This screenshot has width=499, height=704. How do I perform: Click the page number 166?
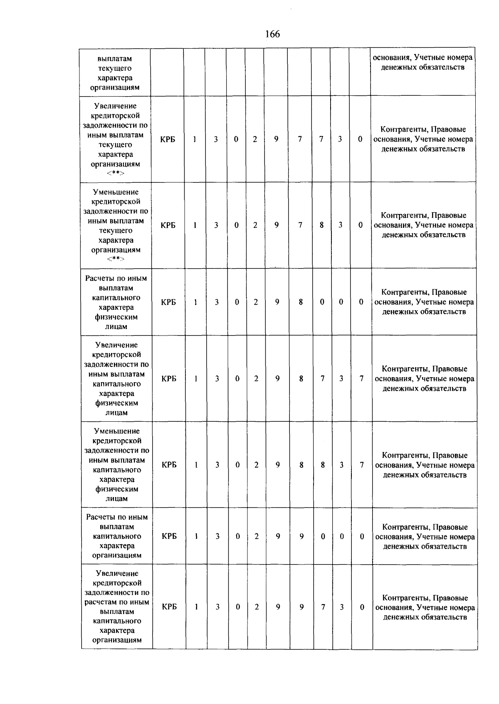point(272,34)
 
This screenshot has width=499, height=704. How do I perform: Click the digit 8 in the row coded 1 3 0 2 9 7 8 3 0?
point(321,225)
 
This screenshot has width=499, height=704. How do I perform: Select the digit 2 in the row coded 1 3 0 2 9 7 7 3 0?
point(255,139)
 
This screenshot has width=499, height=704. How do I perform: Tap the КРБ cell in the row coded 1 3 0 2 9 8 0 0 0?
point(168,302)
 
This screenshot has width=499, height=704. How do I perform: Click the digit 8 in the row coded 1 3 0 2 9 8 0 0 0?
point(301,302)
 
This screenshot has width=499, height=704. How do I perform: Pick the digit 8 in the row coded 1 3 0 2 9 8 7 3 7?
point(301,379)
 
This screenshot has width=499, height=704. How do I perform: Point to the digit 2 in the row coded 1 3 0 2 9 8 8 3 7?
point(256,465)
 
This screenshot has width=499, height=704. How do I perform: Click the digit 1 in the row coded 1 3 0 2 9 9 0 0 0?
point(195,537)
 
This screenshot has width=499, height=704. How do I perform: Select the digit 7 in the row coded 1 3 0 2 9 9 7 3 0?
point(323,607)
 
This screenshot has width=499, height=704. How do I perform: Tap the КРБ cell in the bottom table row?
point(169,607)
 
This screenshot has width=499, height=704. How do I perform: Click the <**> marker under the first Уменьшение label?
point(116,259)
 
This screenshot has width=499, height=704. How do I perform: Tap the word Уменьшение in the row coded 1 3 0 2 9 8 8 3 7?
point(117,431)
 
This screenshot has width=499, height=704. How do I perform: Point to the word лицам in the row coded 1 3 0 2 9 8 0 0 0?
point(116,327)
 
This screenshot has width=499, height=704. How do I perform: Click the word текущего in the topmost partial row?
point(115,68)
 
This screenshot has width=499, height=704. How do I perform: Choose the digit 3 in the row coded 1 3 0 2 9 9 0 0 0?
point(217,537)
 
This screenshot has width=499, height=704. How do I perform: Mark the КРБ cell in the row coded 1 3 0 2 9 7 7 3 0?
point(168,139)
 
